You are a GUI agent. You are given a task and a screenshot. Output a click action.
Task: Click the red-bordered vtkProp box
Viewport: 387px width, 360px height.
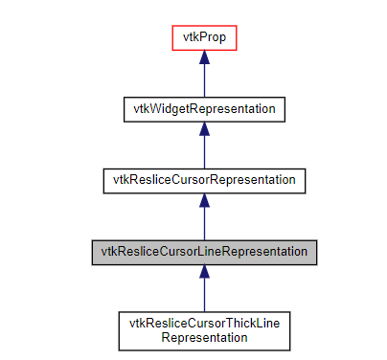click(204, 38)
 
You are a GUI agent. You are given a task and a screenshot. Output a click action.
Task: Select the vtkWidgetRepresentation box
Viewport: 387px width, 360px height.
click(204, 108)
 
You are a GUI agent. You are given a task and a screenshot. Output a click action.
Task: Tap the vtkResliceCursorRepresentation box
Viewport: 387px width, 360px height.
click(204, 179)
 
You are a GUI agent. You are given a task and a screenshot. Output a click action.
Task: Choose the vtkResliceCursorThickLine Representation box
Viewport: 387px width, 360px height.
click(204, 328)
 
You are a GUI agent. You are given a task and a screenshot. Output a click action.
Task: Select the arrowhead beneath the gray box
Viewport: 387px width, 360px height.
click(204, 272)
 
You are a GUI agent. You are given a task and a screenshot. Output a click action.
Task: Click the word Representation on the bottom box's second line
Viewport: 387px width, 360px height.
click(204, 336)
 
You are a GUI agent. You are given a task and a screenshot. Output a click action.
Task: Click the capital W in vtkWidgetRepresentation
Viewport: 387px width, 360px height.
click(148, 108)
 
